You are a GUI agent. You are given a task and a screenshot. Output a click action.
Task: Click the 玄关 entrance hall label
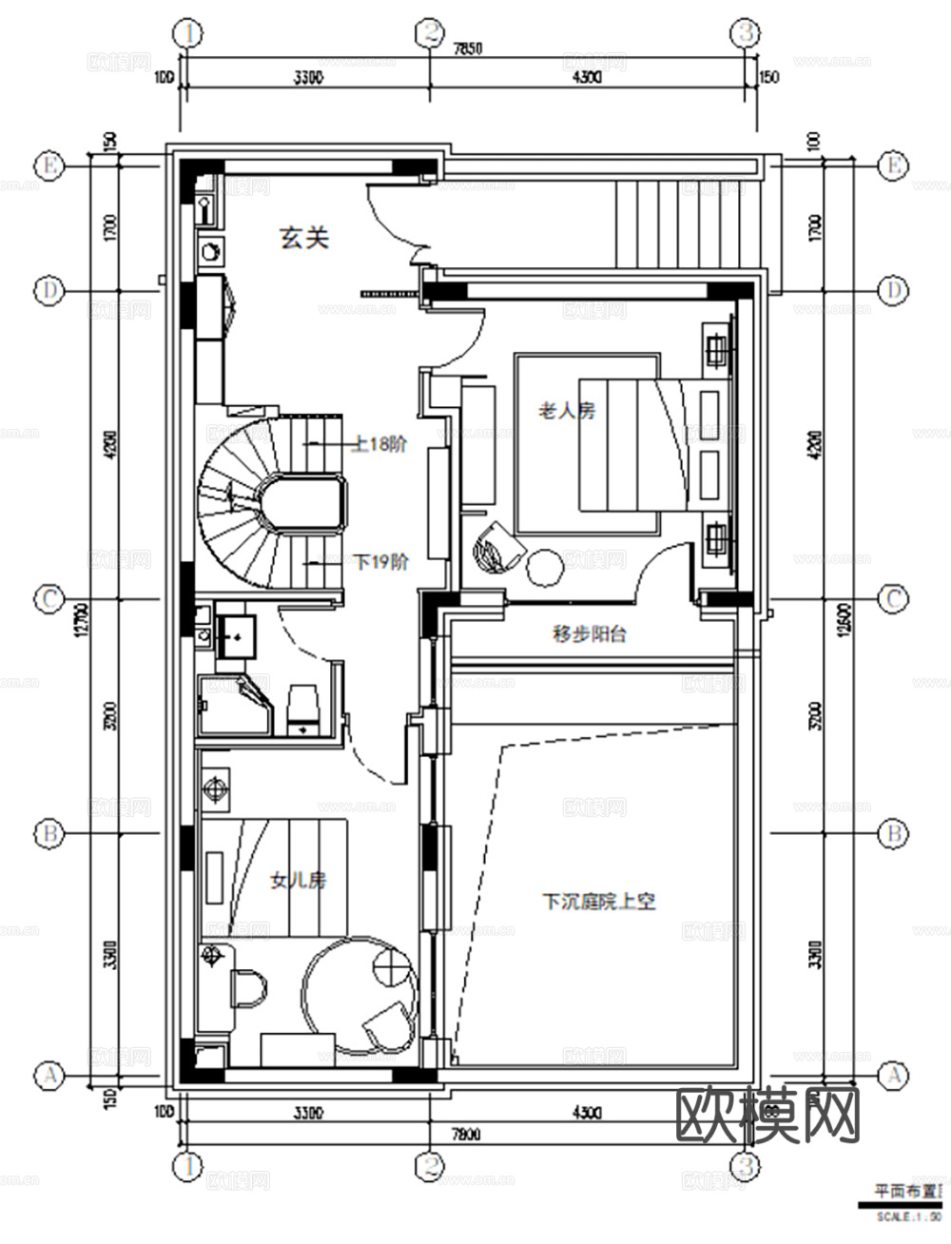303,238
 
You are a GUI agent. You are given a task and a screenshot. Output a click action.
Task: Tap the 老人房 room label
567,411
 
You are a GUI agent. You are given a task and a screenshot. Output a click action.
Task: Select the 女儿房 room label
299,881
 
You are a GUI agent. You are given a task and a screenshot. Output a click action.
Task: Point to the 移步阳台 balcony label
589,634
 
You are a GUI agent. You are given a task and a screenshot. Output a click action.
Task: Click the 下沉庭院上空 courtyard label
599,901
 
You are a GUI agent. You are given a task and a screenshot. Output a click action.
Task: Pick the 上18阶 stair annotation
379,443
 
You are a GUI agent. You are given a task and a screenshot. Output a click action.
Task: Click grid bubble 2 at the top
430,33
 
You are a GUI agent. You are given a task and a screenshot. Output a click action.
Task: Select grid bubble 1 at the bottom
188,1164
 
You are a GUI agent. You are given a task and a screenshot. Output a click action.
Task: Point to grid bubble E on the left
49,165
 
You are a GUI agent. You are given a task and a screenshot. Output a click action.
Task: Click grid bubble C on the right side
892,599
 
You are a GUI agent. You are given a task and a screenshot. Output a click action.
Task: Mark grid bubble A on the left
49,1076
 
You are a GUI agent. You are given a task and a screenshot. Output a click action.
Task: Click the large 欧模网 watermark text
767,1115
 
